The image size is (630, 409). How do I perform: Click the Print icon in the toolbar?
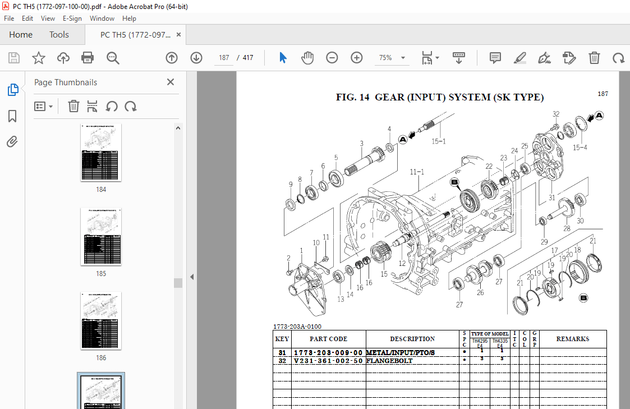coord(88,57)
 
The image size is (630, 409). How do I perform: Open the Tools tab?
coord(59,35)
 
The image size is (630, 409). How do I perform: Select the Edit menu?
coord(27,19)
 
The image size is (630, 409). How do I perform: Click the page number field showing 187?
coord(224,58)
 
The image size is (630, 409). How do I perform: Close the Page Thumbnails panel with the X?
coord(171,82)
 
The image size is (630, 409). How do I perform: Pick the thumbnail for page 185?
coord(101,236)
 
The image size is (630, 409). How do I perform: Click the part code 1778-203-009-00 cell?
coord(328,353)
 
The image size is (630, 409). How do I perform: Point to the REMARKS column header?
coord(572,339)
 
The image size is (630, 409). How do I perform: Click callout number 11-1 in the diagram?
coord(417,172)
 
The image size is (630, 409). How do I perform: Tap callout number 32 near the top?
coord(555,114)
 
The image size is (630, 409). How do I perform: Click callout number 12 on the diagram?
coord(402,263)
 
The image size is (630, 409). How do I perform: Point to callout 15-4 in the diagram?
coord(580,148)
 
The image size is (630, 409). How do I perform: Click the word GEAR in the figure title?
coord(389,97)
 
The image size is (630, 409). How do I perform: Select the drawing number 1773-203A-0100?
coord(297,327)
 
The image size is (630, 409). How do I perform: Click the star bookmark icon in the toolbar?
coord(38,58)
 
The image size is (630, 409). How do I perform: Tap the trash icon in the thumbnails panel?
coord(73,106)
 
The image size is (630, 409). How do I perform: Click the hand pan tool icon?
coord(307,58)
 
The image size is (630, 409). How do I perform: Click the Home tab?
coord(21,35)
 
